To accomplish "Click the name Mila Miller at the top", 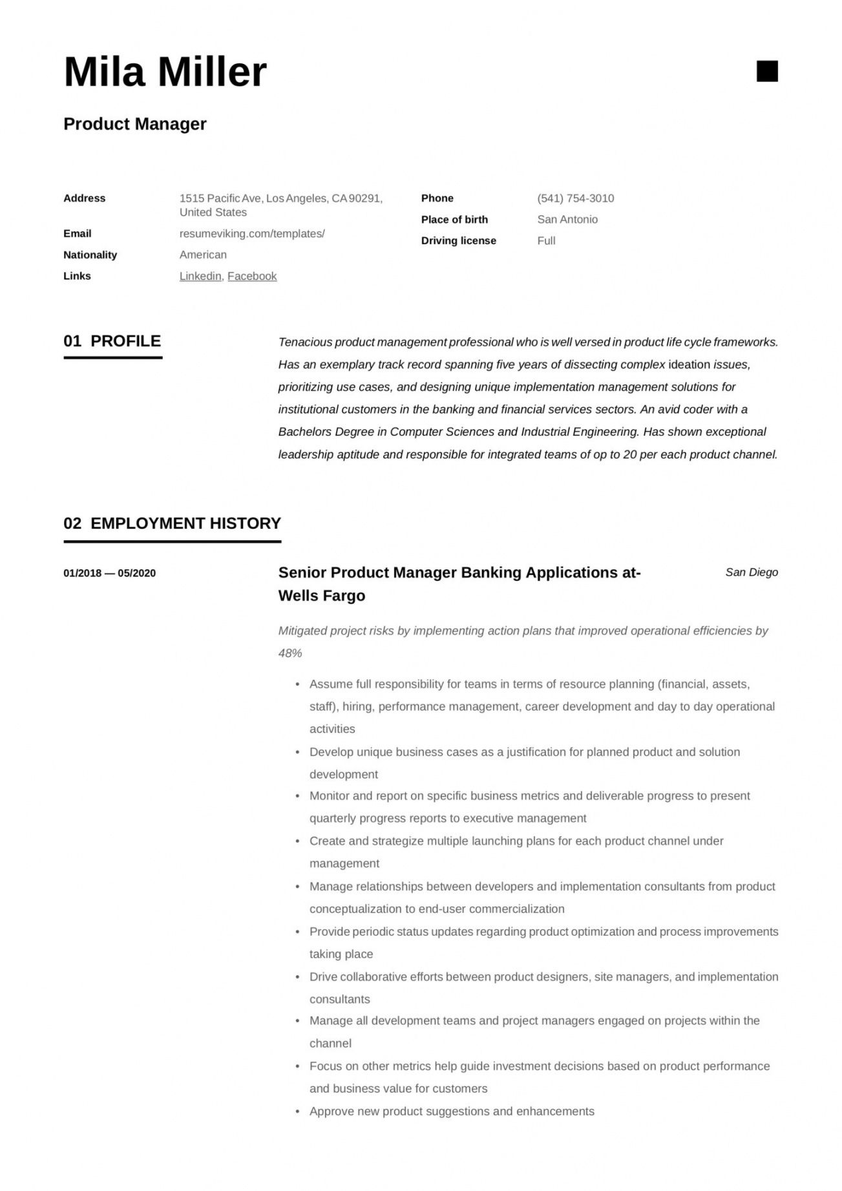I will (165, 72).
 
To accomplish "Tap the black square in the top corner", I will (767, 71).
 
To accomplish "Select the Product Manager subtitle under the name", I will (135, 124).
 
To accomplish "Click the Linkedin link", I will (200, 276).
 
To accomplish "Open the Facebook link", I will (252, 276).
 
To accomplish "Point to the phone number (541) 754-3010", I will (575, 198).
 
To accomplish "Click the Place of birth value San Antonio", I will (567, 220).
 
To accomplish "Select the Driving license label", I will (458, 240).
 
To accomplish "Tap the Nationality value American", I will (203, 255).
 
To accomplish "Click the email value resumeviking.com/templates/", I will (252, 233).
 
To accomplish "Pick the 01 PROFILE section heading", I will (112, 341).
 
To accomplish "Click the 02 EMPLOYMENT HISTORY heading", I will (172, 523).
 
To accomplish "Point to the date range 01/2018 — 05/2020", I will (109, 573).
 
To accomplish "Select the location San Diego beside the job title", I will (752, 573).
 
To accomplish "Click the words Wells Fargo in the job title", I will (322, 596).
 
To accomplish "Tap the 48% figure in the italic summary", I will (290, 653).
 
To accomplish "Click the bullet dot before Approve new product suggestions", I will (297, 1112).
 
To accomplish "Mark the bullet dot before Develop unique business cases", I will (297, 753).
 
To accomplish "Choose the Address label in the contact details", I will (84, 198).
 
